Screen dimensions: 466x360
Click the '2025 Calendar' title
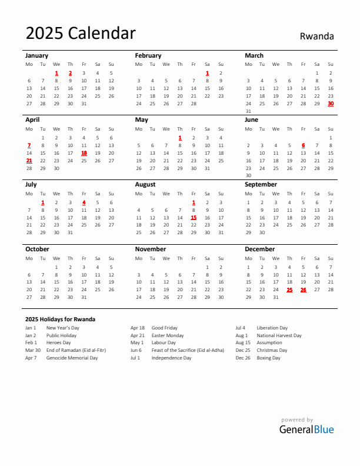(81, 34)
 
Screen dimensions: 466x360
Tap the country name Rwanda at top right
(316, 36)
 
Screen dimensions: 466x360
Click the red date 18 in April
(84, 152)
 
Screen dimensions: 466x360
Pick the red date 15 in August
(194, 217)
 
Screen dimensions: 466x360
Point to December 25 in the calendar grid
(289, 289)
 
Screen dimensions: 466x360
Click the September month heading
(261, 184)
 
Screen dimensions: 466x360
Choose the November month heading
(151, 249)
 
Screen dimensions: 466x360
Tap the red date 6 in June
(303, 145)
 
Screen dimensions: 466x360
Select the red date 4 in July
(84, 202)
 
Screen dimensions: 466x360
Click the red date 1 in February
(207, 73)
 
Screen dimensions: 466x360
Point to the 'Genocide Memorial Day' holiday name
(72, 358)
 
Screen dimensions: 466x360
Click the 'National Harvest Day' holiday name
(279, 335)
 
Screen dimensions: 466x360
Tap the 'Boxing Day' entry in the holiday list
(268, 358)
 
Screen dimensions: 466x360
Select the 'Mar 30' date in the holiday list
(33, 350)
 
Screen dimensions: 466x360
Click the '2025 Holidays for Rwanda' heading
(60, 319)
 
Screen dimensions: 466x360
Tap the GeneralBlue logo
(306, 429)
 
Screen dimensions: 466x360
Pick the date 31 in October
(84, 297)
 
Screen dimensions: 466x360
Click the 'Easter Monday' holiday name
(168, 335)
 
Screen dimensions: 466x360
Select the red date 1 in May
(180, 138)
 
